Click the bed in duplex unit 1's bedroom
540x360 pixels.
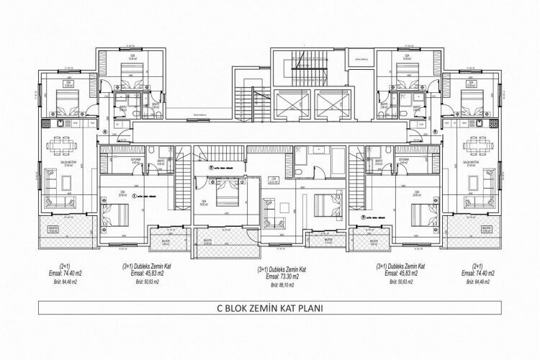(x=117, y=214)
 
